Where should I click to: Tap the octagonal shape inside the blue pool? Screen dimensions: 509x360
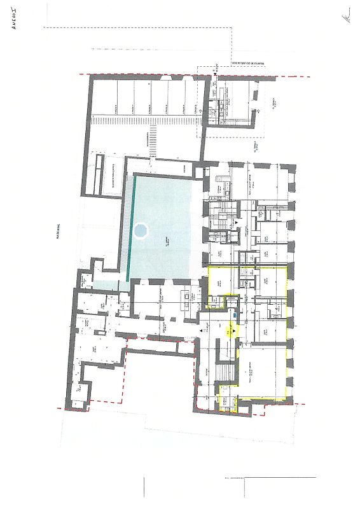coord(139,230)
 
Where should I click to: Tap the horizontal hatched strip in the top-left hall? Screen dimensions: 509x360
coord(140,120)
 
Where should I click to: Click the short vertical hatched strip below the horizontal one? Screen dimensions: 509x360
coord(153,141)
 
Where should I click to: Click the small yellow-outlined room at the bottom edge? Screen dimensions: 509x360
coord(225,402)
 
